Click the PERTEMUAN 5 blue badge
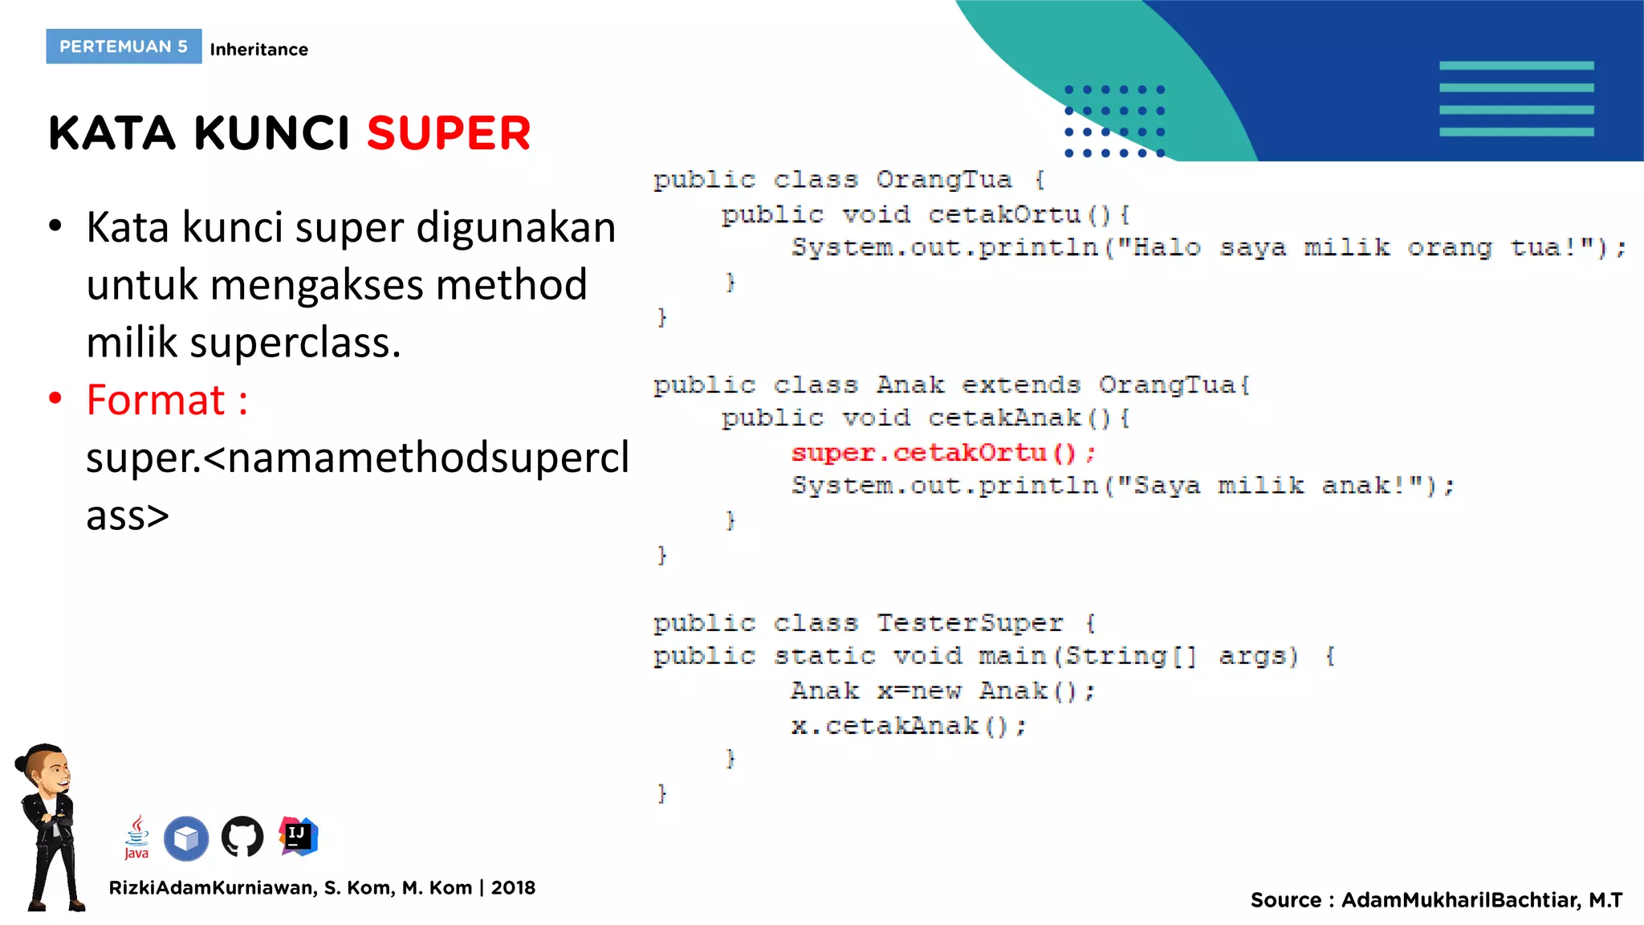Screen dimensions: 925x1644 point(124,47)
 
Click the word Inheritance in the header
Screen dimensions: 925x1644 point(258,50)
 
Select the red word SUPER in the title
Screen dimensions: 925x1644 point(449,133)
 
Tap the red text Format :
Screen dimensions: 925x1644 point(167,400)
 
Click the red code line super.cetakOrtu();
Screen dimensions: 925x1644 point(942,453)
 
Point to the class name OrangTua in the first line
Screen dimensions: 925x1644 point(943,179)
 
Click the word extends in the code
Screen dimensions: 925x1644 point(1020,385)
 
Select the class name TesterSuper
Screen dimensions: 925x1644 point(969,623)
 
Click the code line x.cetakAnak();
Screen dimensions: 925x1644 point(908,726)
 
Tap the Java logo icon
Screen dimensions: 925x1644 point(136,837)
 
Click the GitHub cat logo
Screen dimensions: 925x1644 point(242,837)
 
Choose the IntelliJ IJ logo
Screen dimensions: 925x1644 point(299,836)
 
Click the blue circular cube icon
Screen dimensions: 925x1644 point(186,838)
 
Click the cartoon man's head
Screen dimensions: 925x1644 point(46,768)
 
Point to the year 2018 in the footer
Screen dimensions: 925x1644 point(513,888)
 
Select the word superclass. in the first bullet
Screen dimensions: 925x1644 point(295,343)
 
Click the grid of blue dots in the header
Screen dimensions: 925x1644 point(1114,121)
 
